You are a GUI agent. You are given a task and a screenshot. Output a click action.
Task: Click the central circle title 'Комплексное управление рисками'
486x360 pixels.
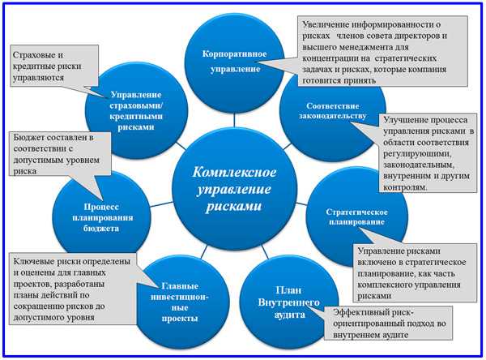point(234,189)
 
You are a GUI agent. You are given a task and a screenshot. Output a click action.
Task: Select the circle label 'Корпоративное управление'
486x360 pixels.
point(235,61)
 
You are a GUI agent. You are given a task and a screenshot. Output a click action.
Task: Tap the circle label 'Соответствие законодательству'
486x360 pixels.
point(333,111)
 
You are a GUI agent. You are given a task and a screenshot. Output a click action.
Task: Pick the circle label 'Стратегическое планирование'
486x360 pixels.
point(356,217)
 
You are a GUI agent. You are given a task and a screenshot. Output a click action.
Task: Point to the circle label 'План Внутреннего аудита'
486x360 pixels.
point(288,302)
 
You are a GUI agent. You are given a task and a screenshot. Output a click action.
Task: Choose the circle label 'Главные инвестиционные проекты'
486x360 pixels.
point(180,302)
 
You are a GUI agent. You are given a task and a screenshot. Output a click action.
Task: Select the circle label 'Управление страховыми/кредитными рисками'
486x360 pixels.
point(136,111)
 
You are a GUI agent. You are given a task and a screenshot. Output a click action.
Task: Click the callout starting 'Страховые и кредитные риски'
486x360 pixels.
point(55,66)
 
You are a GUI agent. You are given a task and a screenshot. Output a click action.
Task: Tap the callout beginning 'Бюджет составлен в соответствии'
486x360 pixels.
point(61,154)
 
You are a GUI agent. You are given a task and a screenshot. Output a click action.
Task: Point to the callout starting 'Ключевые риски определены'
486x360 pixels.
point(74,289)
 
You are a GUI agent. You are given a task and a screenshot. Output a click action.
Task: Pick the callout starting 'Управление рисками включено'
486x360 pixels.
point(415,272)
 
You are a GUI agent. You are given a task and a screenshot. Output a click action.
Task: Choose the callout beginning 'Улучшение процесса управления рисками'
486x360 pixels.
point(428,153)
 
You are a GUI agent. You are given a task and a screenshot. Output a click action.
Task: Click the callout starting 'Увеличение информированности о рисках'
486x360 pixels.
point(383,52)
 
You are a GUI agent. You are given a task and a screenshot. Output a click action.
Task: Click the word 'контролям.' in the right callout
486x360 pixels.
point(406,187)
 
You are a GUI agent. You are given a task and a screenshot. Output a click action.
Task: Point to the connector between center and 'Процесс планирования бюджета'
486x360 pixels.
point(161,204)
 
